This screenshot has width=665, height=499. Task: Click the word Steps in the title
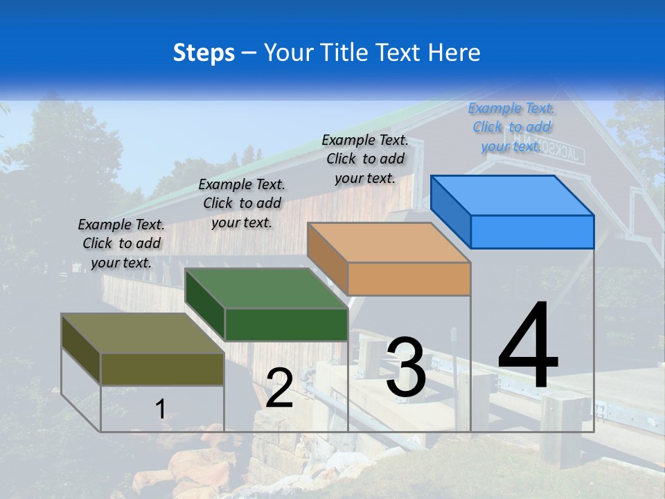coord(204,53)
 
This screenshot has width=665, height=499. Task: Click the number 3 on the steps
coord(406,367)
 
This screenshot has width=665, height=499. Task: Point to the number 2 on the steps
coord(279,388)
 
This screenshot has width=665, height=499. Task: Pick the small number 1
coord(161,409)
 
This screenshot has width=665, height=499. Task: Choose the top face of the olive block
coord(143,333)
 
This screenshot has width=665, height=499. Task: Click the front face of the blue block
coord(532,231)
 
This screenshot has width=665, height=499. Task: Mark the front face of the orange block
coord(409,279)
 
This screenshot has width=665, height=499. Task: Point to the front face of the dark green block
coord(286,324)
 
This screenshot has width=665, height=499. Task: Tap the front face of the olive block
coord(162,369)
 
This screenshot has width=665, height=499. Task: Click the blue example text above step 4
coord(511,127)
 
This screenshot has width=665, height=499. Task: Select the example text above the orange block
coord(365,159)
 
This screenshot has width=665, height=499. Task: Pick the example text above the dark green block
coord(242,203)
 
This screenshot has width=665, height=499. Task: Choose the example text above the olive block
coord(121,243)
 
